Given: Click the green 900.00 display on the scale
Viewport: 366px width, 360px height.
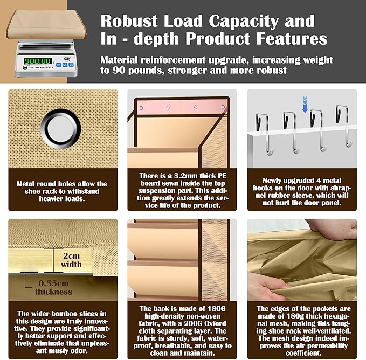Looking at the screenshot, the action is pos(38,61).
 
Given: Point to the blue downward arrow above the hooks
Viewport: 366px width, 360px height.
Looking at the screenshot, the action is pos(305,105).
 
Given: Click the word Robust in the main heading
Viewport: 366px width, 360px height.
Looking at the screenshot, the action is pos(129,21).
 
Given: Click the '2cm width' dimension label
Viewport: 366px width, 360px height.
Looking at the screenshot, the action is pos(72,260).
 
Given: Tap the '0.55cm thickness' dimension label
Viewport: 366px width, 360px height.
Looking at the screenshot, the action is pos(54,287).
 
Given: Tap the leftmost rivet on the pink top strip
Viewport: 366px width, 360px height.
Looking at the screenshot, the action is pos(141,108).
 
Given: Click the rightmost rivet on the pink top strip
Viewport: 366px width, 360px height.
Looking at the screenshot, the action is pos(223,107).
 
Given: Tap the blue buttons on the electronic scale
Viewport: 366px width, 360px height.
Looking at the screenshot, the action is pos(65,65).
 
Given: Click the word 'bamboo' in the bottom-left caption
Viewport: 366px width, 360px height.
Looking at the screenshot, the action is pos(55,314).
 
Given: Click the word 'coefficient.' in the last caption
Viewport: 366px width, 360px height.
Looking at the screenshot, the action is pos(303,353).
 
